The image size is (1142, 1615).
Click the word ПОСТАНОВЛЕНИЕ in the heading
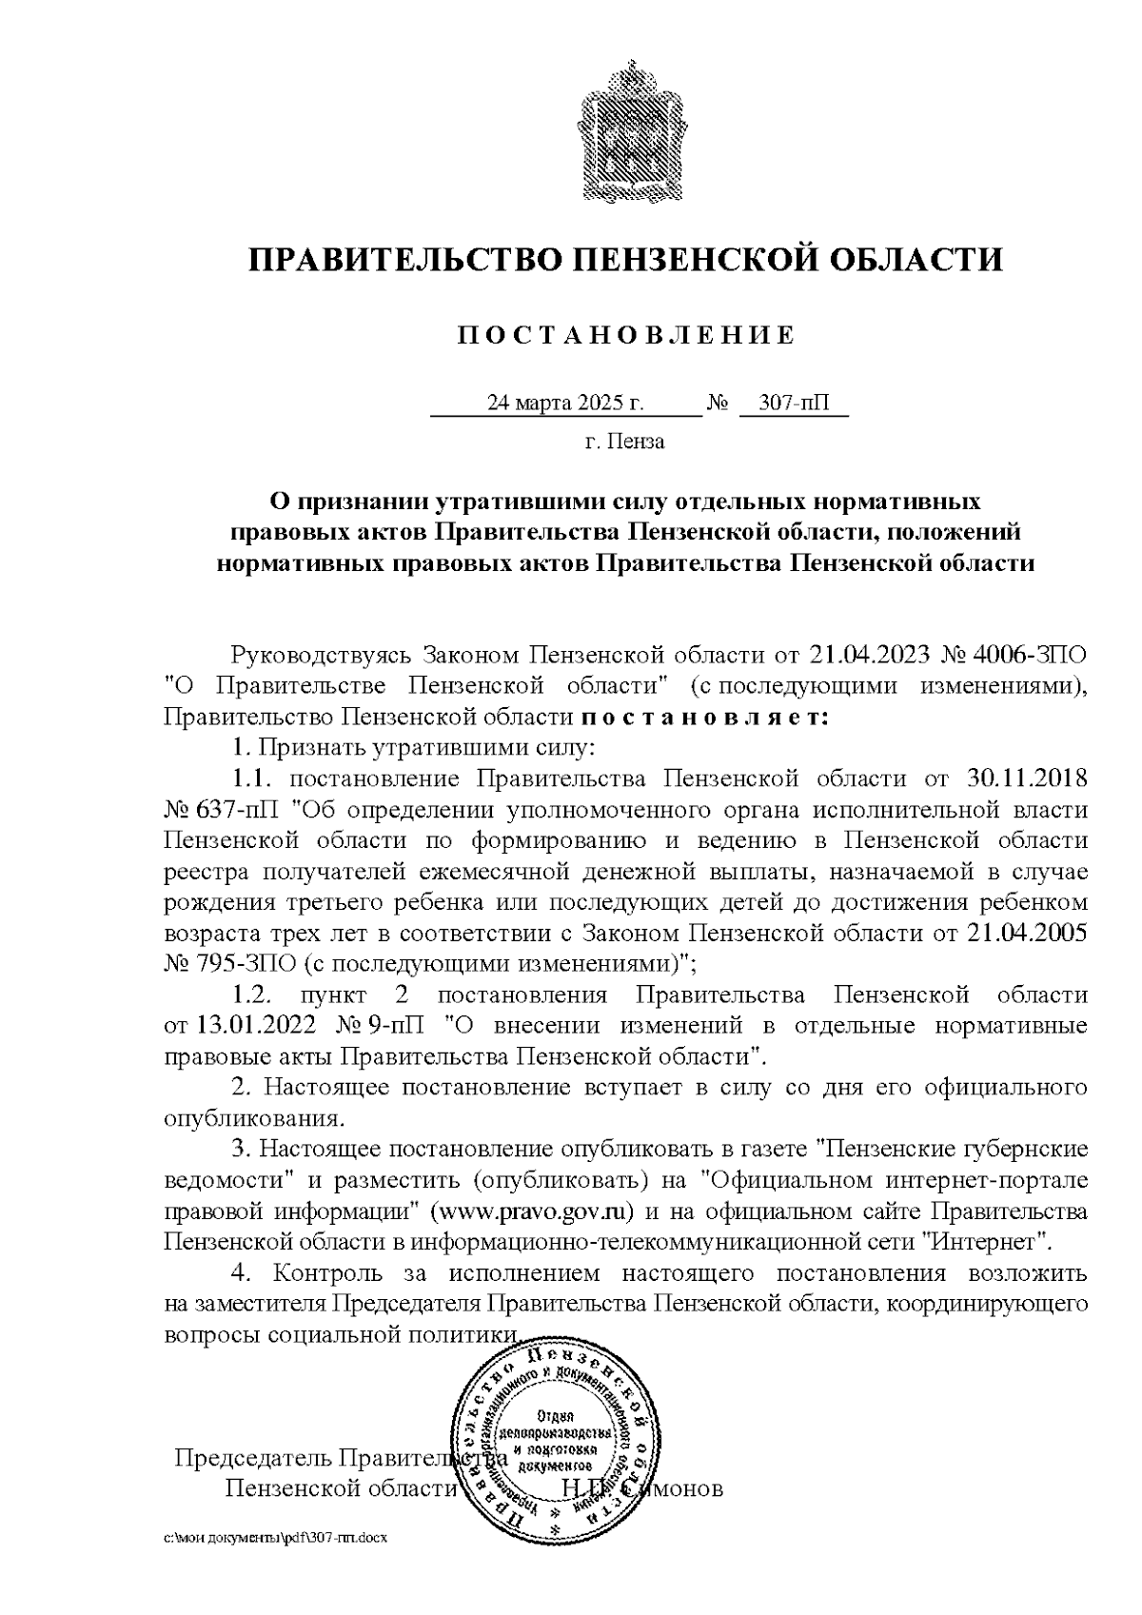[x=626, y=335]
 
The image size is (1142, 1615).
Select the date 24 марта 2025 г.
[x=565, y=403]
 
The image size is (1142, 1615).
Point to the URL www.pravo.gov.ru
[x=534, y=1211]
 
